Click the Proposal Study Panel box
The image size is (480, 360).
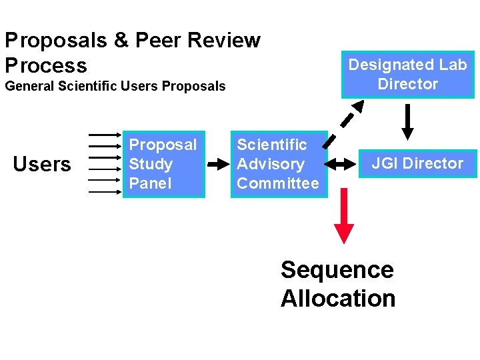pyautogui.click(x=163, y=164)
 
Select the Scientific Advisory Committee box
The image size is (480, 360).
pyautogui.click(x=279, y=164)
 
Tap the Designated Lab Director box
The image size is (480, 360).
pyautogui.click(x=407, y=74)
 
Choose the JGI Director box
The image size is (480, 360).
pyautogui.click(x=417, y=163)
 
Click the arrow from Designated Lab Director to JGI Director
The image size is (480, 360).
pyautogui.click(x=407, y=121)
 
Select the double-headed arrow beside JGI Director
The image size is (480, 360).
pyautogui.click(x=344, y=163)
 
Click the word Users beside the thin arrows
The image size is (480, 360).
pyautogui.click(x=42, y=164)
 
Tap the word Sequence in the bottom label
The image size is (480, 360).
pyautogui.click(x=337, y=270)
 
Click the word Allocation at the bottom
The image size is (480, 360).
pyautogui.click(x=338, y=298)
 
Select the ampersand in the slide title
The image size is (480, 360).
pyautogui.click(x=121, y=40)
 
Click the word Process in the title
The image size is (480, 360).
pyautogui.click(x=45, y=65)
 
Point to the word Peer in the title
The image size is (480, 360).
pyautogui.click(x=159, y=40)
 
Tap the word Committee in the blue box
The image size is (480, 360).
pyautogui.click(x=278, y=183)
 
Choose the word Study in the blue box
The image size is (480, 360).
pyautogui.click(x=151, y=164)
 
